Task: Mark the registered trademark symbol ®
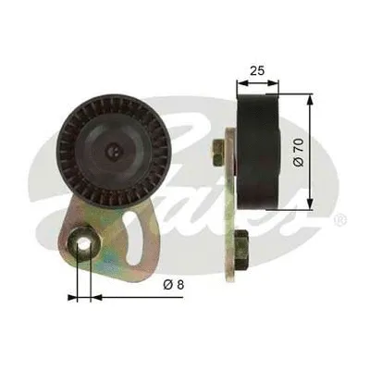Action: [x=340, y=220]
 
